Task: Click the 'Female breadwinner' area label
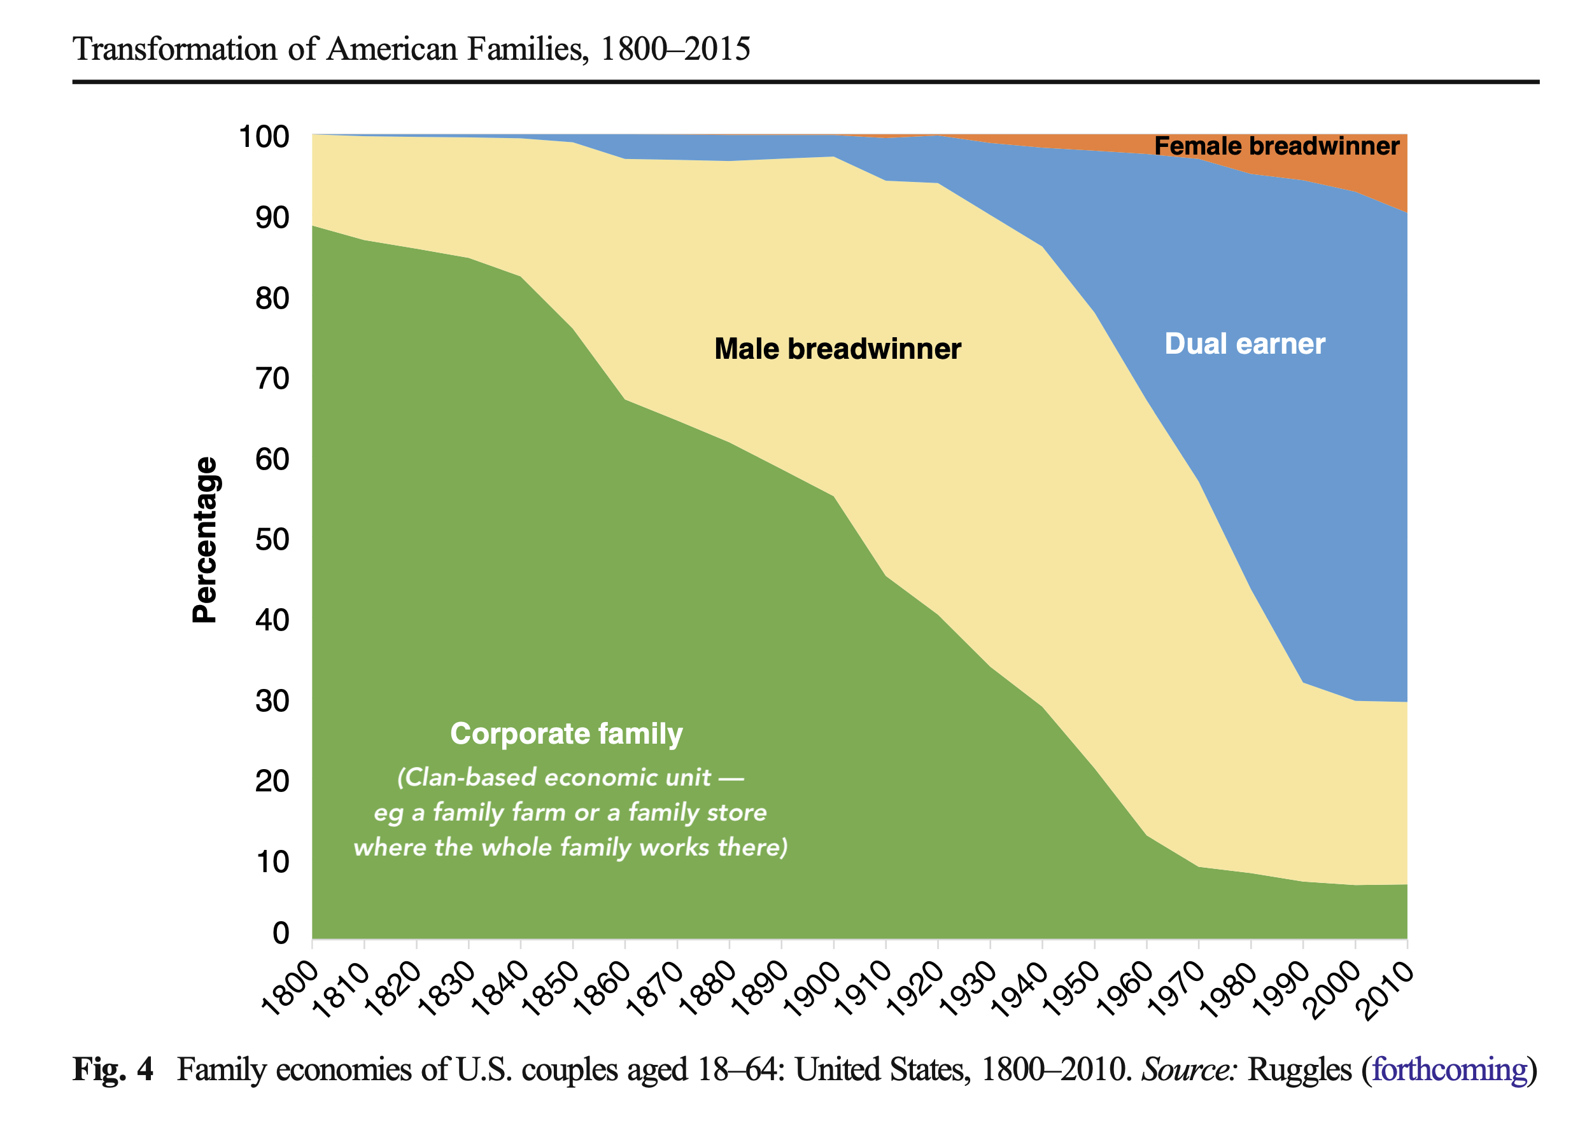coord(1276,146)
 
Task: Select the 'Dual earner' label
coord(1245,344)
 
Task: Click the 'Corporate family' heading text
coord(566,734)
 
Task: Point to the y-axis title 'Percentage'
coord(205,539)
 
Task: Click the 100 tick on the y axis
coord(264,137)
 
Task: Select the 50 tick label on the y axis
coord(272,539)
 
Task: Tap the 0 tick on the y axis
coord(281,933)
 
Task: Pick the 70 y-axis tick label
coord(272,379)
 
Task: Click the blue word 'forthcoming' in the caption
coord(1449,1069)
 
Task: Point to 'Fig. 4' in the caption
coord(113,1069)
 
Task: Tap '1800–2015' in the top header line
coord(674,49)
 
